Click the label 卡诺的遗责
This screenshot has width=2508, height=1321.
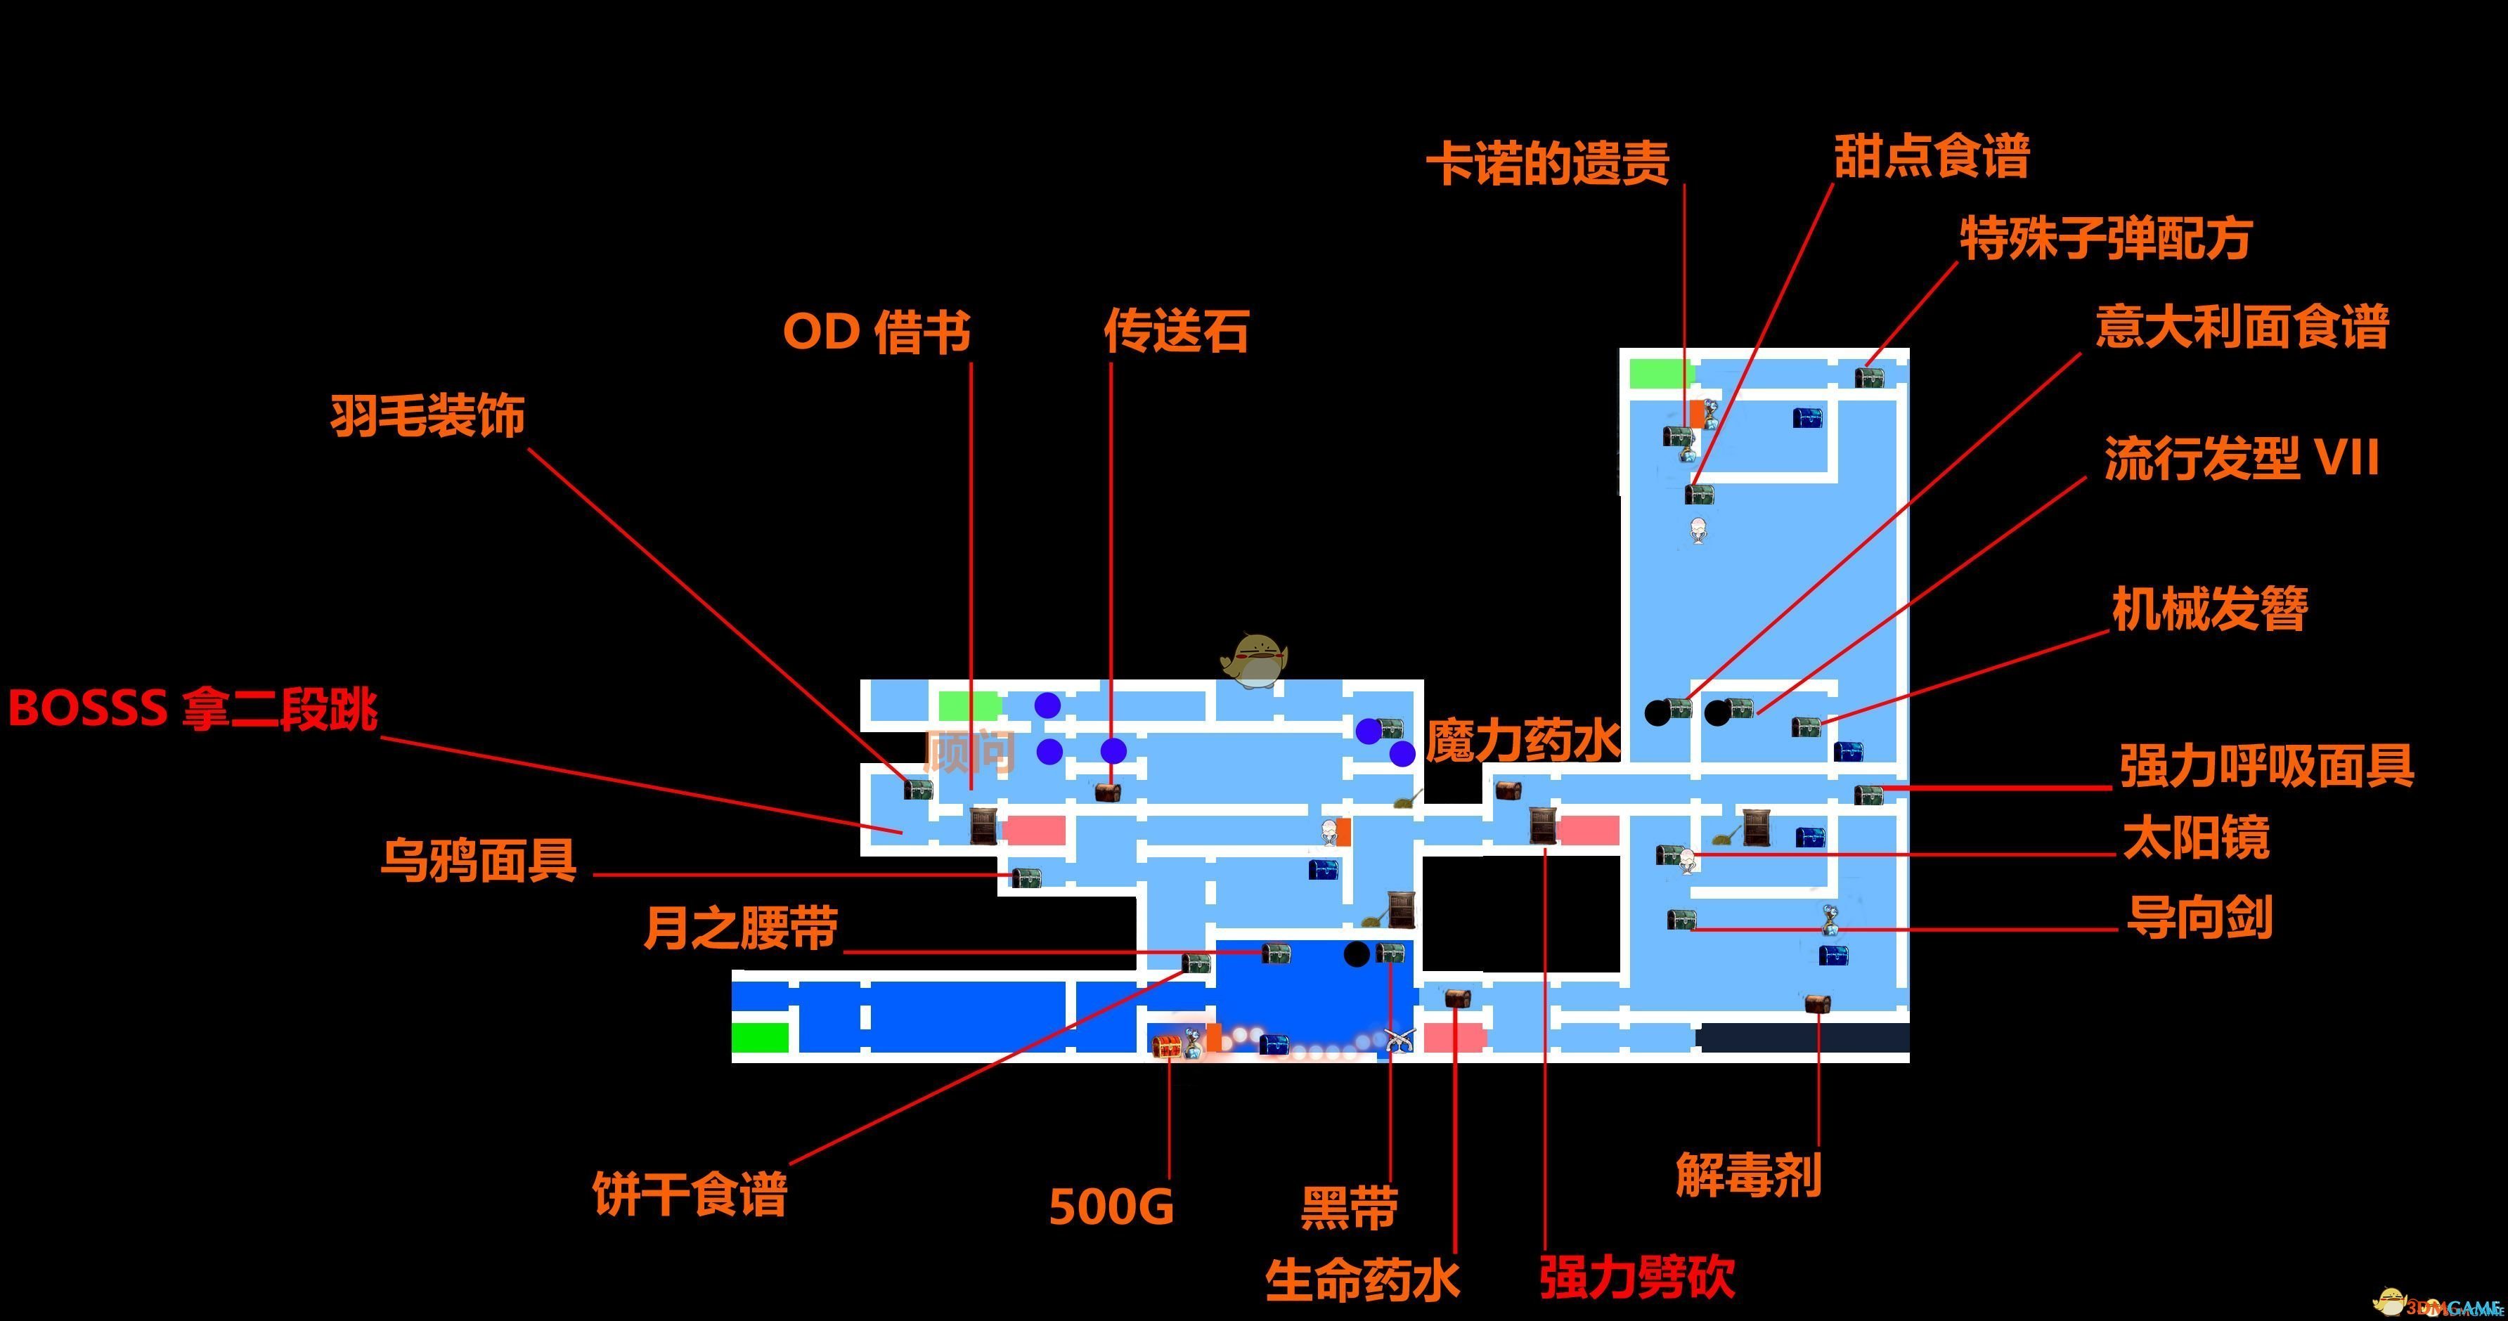click(1548, 162)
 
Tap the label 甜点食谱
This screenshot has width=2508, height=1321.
click(1932, 156)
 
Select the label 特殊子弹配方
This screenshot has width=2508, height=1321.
click(2105, 238)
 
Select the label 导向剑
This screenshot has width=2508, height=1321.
click(2199, 917)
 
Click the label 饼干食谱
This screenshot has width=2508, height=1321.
click(690, 1194)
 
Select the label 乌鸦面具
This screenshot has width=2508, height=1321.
click(478, 861)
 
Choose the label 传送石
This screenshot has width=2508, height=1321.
click(1176, 331)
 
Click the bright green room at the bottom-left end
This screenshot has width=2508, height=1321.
click(759, 1038)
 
